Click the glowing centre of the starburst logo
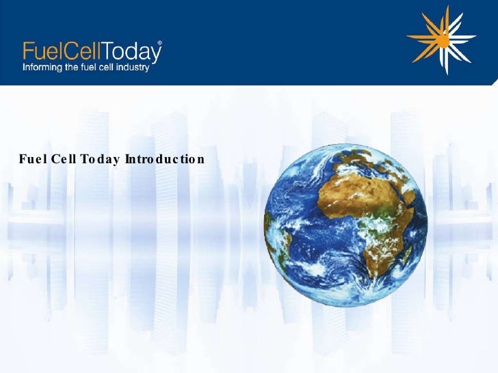coord(443,41)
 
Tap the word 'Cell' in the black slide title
coord(64,160)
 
